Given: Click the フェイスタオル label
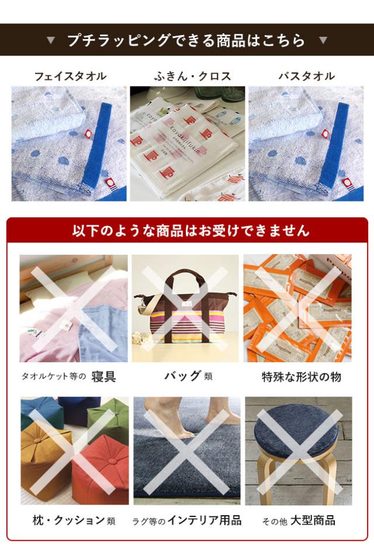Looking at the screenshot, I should pos(70,76).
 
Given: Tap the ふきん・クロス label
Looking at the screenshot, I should pos(192,76).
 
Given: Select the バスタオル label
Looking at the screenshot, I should pos(306,76).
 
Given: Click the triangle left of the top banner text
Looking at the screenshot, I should pos(51,40).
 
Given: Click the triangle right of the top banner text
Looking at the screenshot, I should pos(323,40).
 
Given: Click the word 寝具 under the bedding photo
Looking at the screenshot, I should pos(103,376).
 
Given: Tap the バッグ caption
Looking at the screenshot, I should pos(182,376).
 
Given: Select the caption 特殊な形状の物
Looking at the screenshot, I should pos(301,377).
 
